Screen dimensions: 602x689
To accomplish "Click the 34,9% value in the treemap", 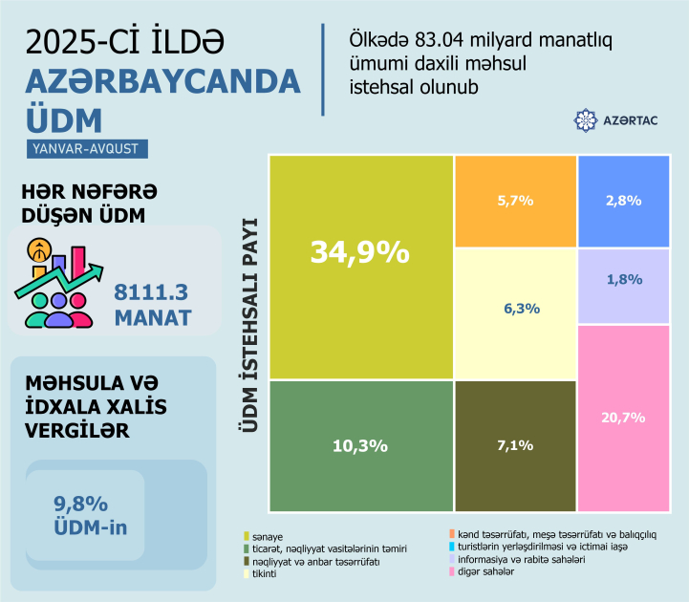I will (359, 253).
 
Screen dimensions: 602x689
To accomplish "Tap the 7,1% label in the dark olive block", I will (515, 445).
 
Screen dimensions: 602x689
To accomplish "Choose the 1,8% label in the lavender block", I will (623, 280).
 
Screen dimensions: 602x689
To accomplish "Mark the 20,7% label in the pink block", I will (623, 418).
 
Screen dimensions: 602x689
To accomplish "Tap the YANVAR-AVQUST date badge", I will (88, 148).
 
